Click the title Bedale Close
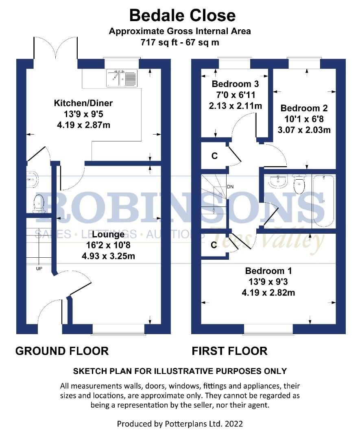[x=182, y=15]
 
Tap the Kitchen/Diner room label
[x=83, y=103]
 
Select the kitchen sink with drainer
[x=122, y=78]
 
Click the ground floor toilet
[x=39, y=203]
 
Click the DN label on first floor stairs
[x=230, y=187]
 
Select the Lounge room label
[x=108, y=235]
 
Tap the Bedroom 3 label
[x=235, y=85]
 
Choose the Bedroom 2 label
[x=304, y=109]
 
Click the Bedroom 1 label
[x=268, y=271]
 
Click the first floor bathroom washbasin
[x=277, y=182]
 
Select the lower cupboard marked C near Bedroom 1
[x=214, y=246]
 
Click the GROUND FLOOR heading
[x=62, y=351]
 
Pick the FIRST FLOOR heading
[x=229, y=351]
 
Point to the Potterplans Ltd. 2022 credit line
[x=180, y=424]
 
